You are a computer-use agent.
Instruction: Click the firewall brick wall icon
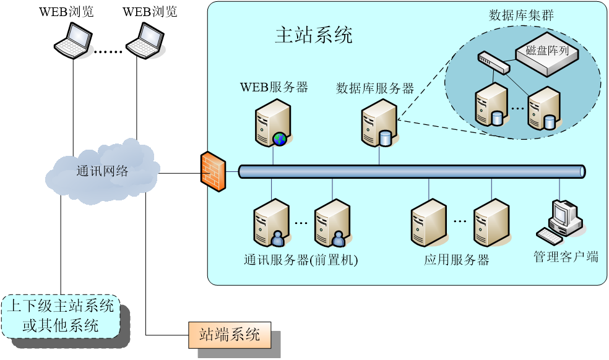214,170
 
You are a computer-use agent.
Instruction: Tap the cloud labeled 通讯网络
102,171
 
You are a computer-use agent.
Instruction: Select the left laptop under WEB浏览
74,41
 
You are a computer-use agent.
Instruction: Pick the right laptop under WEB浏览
146,41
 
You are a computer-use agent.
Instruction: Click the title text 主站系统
313,35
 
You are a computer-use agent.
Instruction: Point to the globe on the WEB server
280,139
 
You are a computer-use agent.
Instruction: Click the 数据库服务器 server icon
379,123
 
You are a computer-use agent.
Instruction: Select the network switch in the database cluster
494,62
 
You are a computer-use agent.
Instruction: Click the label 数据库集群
521,15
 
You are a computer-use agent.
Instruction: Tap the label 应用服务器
456,260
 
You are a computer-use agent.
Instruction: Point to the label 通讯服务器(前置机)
301,260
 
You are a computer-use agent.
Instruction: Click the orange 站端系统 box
230,335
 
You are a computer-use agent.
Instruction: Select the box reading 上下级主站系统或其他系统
61,315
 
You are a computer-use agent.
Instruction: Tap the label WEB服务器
274,87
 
